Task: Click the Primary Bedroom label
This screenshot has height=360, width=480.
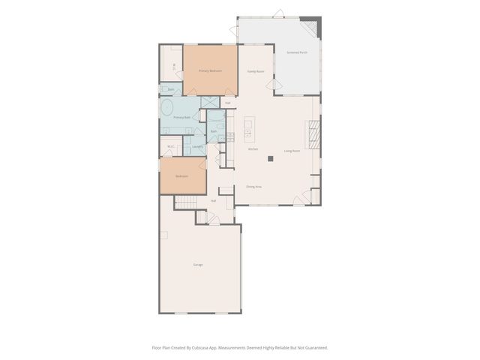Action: click(x=210, y=70)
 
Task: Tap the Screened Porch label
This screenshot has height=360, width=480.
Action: click(x=296, y=52)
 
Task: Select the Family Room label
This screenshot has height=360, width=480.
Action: click(x=256, y=72)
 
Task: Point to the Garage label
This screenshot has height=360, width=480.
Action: click(x=198, y=265)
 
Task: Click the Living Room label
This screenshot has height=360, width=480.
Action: click(x=292, y=151)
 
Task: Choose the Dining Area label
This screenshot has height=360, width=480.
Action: click(x=253, y=186)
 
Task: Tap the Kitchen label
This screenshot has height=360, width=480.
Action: click(x=253, y=149)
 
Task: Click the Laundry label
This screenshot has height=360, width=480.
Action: click(x=197, y=146)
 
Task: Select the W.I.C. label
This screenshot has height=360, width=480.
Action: click(x=171, y=146)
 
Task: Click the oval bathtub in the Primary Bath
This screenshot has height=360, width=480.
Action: click(x=167, y=107)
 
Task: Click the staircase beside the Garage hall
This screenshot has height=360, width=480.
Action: click(x=187, y=202)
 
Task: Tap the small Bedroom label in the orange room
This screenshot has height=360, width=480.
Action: click(x=182, y=176)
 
